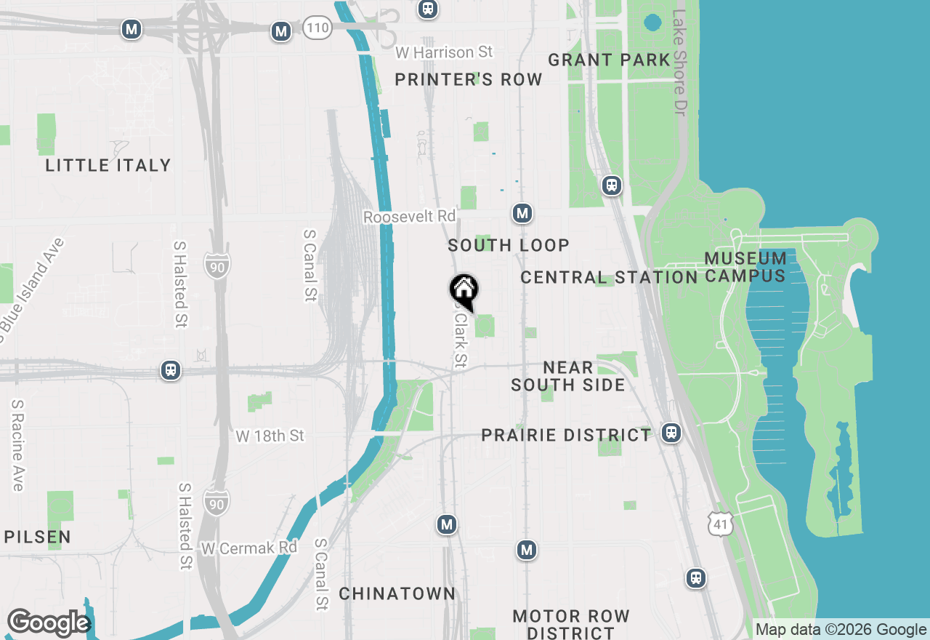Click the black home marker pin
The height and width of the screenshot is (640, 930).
click(464, 290)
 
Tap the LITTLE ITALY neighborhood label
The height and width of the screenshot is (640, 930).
click(108, 166)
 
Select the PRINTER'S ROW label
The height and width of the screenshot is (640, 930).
click(469, 80)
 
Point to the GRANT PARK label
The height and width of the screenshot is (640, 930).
click(609, 60)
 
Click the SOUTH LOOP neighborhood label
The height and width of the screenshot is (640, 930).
click(509, 245)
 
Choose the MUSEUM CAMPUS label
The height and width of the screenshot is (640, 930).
click(745, 267)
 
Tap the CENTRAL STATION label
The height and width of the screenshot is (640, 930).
click(609, 277)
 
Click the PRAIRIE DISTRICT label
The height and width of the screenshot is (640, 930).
click(567, 435)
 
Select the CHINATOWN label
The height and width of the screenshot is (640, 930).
click(397, 593)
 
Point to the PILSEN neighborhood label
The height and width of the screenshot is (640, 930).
click(38, 537)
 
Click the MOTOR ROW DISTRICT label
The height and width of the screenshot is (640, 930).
click(571, 624)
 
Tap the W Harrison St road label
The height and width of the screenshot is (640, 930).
click(444, 52)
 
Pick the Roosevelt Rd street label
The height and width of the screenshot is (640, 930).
click(410, 217)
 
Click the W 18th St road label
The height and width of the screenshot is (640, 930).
click(270, 436)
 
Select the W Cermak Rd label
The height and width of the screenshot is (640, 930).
click(249, 547)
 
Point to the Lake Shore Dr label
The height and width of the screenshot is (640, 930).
click(679, 62)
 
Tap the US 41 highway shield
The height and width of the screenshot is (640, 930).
click(721, 523)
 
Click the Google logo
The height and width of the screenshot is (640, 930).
click(49, 623)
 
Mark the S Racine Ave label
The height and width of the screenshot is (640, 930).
click(17, 444)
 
